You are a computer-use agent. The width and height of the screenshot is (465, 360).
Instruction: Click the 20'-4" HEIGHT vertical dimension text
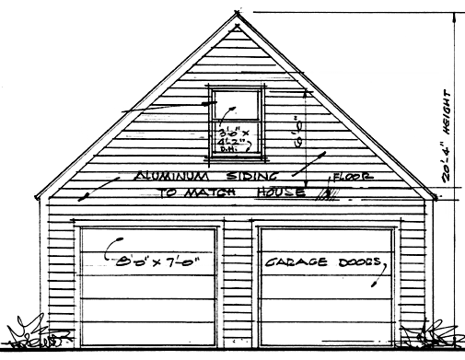click(449, 138)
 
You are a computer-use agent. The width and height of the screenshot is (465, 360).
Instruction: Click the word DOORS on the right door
click(355, 262)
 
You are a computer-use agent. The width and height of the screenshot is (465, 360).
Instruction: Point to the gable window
click(238, 120)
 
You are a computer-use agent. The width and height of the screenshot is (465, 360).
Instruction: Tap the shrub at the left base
click(28, 332)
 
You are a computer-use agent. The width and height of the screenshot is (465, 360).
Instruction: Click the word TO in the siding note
click(168, 194)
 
